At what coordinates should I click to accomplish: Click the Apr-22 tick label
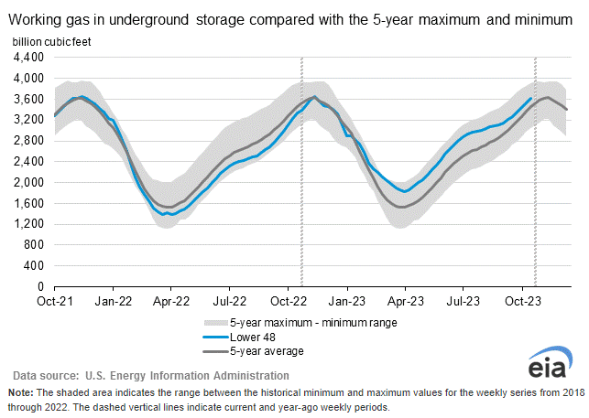(x=170, y=299)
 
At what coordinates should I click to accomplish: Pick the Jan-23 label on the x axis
(x=347, y=299)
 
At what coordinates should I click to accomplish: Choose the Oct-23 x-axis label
(x=521, y=299)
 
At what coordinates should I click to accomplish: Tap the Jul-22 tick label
(x=229, y=299)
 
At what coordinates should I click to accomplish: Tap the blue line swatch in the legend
(x=213, y=337)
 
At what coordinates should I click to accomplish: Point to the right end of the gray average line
(x=568, y=110)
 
